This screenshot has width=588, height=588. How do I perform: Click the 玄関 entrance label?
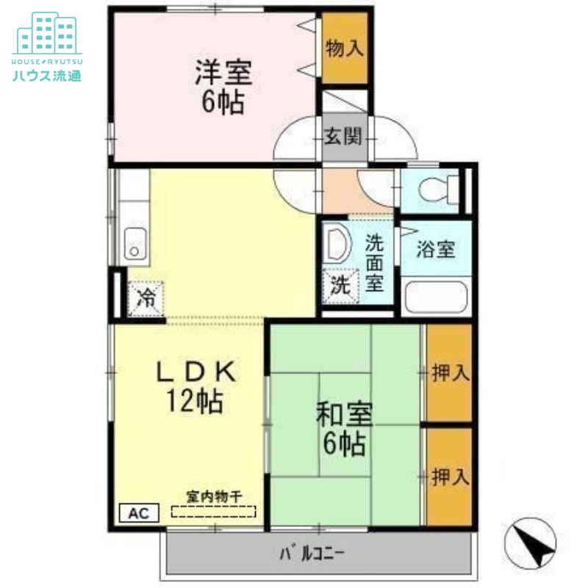343,137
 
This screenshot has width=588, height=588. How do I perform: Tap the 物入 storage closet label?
345,49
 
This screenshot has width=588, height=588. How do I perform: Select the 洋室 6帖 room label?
223,86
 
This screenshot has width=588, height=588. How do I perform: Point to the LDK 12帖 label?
196,387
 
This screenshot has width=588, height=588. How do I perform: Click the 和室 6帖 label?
344,429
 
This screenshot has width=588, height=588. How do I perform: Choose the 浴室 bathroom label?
435,250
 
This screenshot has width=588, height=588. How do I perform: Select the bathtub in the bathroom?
437,296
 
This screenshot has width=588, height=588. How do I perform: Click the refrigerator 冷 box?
146,298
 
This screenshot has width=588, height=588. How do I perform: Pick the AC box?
137,513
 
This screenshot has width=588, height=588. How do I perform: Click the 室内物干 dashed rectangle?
214,512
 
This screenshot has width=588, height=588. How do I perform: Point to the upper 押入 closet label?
450,373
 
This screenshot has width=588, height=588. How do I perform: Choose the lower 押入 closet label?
450,477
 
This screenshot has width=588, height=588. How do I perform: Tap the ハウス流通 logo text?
46,75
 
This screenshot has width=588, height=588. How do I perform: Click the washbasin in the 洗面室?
337,244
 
